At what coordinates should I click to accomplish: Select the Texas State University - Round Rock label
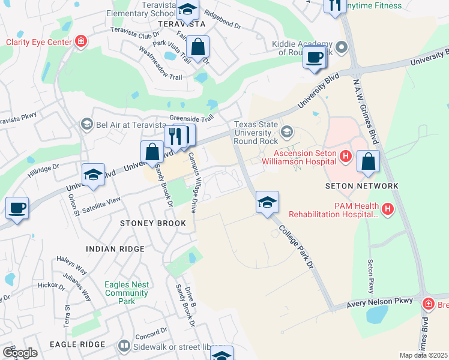[x=256, y=133]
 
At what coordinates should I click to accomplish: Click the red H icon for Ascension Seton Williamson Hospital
[x=345, y=157]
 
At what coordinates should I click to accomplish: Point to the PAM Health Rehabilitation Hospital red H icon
[x=388, y=209]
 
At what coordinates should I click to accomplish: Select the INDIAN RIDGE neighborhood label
[x=115, y=248]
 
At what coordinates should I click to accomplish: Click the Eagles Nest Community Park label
[x=126, y=293]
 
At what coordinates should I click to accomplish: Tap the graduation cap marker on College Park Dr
[x=267, y=202]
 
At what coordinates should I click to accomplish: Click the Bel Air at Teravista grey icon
[x=86, y=124]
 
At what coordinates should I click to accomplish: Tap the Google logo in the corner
[x=19, y=353]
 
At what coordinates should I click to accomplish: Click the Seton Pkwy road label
[x=370, y=274]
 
